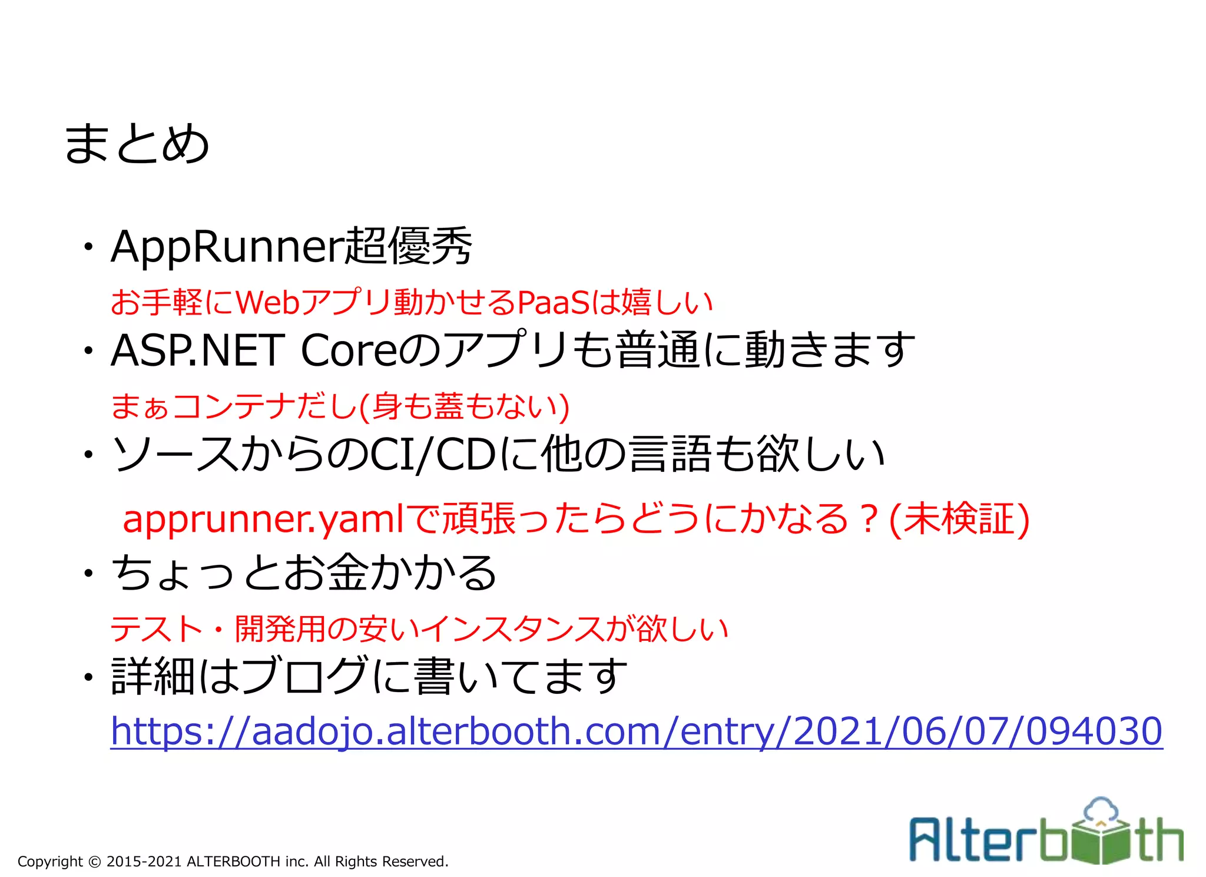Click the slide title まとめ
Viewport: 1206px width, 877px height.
[137, 144]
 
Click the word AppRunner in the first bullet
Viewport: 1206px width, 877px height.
[226, 247]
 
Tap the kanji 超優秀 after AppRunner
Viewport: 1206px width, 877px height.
[407, 246]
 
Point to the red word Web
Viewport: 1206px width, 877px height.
[268, 302]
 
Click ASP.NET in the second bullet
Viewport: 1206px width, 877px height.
[198, 350]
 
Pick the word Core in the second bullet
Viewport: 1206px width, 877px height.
[349, 350]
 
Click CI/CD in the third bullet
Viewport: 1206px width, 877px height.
[432, 455]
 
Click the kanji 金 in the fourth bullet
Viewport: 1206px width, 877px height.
[347, 572]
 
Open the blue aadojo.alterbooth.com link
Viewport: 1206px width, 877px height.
[636, 731]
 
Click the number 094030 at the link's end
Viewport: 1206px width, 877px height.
[1094, 731]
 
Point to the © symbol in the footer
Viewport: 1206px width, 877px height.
[94, 862]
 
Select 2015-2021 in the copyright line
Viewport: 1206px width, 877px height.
[144, 862]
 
